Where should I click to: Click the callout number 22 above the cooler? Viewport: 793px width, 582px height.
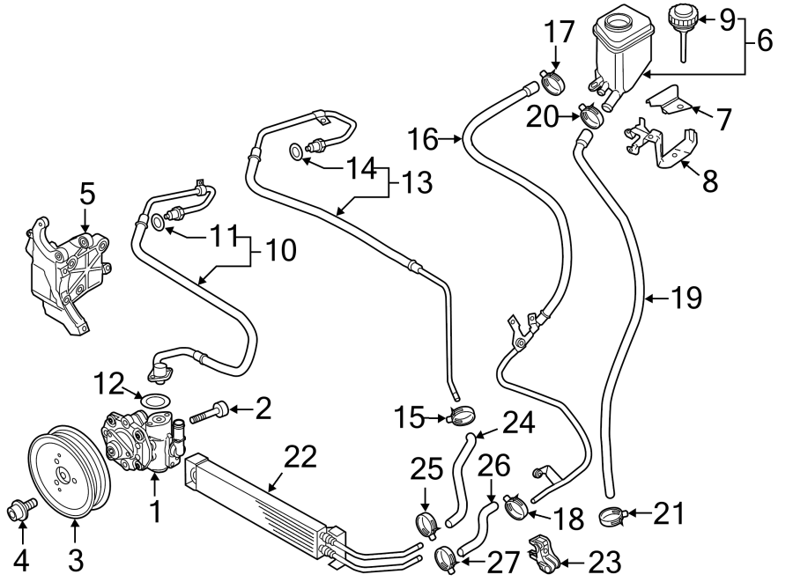(x=300, y=457)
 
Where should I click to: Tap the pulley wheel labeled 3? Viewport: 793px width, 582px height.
(x=67, y=475)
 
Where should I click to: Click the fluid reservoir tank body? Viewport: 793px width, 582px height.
(x=621, y=53)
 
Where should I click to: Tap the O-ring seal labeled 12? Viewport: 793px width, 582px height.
(x=156, y=402)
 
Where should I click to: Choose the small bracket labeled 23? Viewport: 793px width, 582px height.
(x=544, y=552)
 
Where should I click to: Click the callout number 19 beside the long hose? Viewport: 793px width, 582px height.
(x=686, y=298)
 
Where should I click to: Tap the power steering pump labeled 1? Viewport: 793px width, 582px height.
(x=145, y=440)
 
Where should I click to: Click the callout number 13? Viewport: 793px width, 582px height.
(x=418, y=182)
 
